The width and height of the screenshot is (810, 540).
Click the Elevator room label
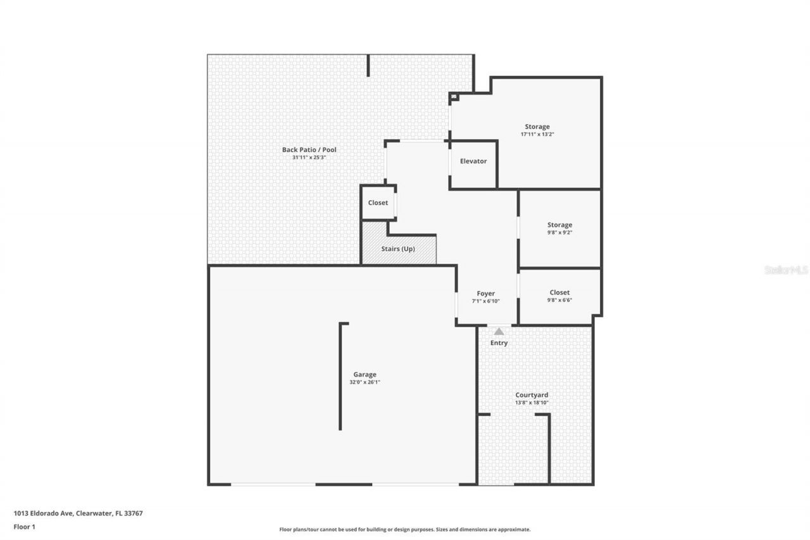click(473, 161)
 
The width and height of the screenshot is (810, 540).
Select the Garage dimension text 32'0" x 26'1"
click(364, 382)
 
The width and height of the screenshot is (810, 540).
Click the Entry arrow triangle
click(499, 331)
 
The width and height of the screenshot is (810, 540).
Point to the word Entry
click(499, 343)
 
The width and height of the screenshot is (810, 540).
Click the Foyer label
click(485, 294)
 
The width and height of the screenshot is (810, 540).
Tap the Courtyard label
click(532, 395)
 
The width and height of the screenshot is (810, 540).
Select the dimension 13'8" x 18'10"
click(532, 403)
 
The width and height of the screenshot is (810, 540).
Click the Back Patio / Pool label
click(309, 150)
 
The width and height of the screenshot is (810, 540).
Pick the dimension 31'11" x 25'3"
click(309, 158)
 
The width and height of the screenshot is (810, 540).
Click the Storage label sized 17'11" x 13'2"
click(537, 127)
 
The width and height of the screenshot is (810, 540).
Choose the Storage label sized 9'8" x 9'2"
click(559, 225)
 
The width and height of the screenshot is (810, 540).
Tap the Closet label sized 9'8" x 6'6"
click(559, 292)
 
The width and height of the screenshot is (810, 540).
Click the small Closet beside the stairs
click(378, 203)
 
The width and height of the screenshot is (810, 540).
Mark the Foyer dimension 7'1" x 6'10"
click(485, 301)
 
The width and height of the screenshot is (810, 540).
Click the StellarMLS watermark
click(786, 270)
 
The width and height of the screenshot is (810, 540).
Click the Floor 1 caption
click(25, 526)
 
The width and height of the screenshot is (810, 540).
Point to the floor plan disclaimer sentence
click(405, 529)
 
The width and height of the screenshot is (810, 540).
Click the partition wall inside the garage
click(340, 377)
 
